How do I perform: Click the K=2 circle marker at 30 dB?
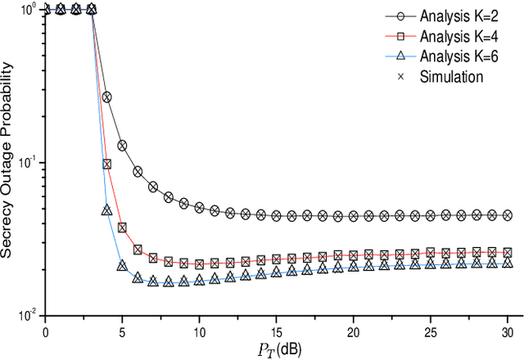point(507,215)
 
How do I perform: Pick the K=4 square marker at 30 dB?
point(507,253)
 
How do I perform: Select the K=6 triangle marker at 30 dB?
point(507,263)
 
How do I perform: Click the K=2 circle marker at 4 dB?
point(106,97)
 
